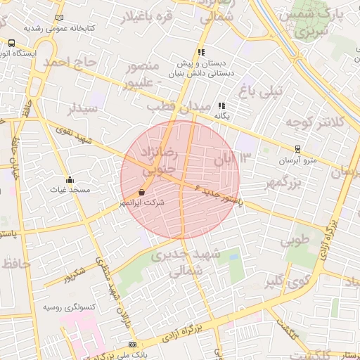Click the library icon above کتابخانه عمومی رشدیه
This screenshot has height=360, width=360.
pyautogui.click(x=58, y=17)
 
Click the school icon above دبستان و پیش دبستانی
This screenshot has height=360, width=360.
pyautogui.click(x=202, y=52)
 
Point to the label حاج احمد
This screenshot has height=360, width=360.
pyautogui.click(x=69, y=63)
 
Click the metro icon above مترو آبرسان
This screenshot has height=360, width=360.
pyautogui.click(x=297, y=149)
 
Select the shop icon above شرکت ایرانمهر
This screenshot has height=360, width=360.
pyautogui.click(x=142, y=191)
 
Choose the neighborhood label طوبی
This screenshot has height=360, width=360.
pyautogui.click(x=295, y=241)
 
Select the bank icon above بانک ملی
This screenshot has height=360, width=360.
pyautogui.click(x=132, y=345)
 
